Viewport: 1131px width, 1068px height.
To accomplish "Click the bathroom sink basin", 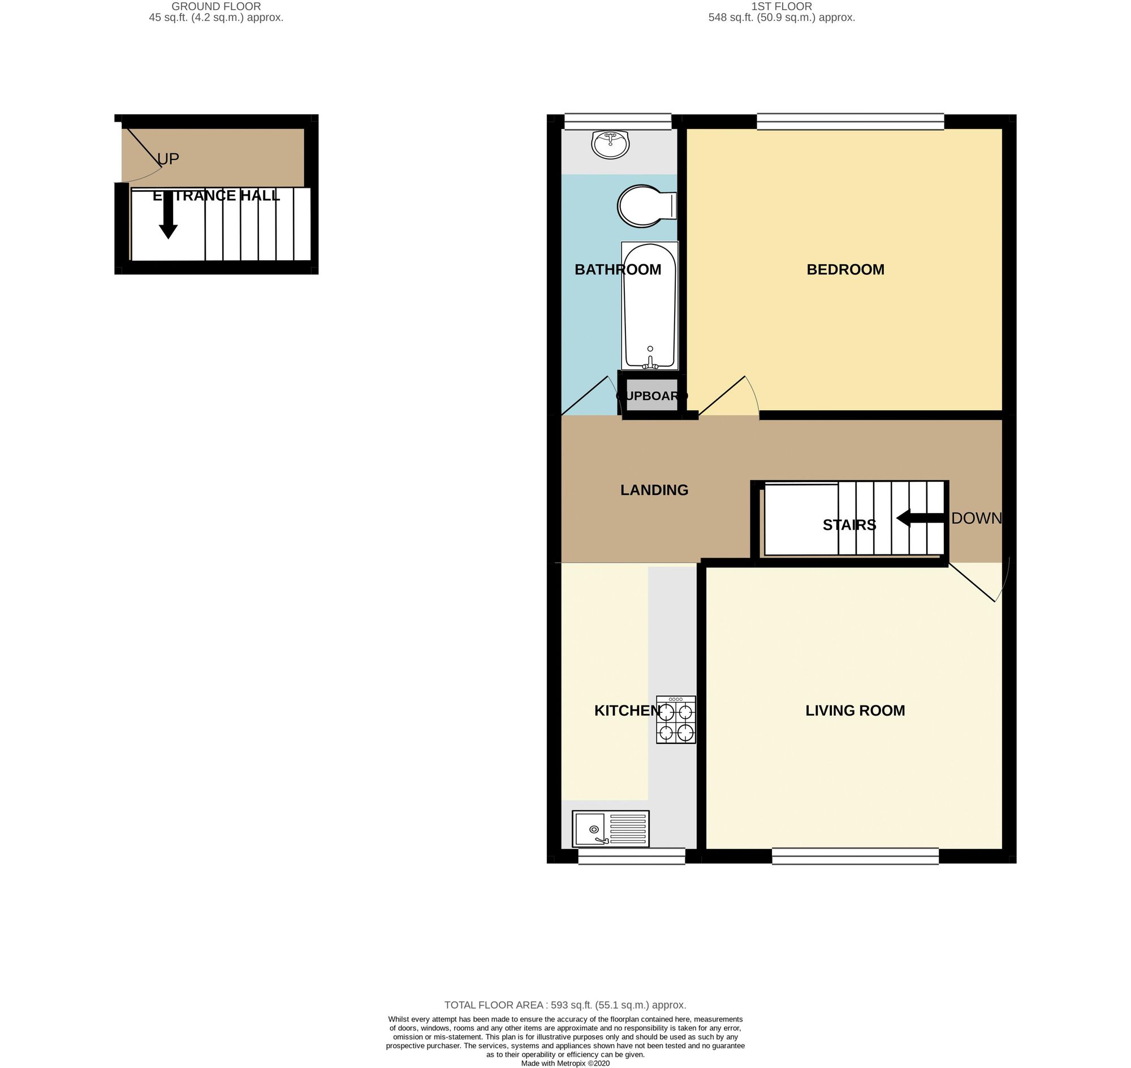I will click(610, 145).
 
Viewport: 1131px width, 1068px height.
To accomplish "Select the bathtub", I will click(649, 305).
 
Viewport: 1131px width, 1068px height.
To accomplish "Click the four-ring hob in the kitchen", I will click(676, 720).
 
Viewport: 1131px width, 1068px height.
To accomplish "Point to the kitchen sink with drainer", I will click(610, 828).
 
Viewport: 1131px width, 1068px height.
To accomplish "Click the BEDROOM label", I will click(845, 269).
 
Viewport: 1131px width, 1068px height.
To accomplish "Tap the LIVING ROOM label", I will click(855, 710).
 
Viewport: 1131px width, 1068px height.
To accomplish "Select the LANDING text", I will click(654, 490).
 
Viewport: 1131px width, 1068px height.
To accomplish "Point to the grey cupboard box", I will click(652, 395).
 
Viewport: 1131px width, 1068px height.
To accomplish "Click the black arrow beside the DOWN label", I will click(920, 518).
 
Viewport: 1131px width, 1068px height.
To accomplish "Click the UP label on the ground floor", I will click(168, 159).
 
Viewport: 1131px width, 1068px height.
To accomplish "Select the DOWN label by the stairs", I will click(976, 518).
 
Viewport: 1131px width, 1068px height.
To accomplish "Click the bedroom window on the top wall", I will click(850, 121).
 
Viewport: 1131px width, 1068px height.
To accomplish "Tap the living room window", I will click(855, 856).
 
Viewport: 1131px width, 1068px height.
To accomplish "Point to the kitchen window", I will click(631, 856).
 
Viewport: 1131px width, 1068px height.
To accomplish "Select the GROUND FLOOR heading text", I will click(215, 7).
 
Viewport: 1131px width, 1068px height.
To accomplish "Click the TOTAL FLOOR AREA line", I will click(564, 1005).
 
